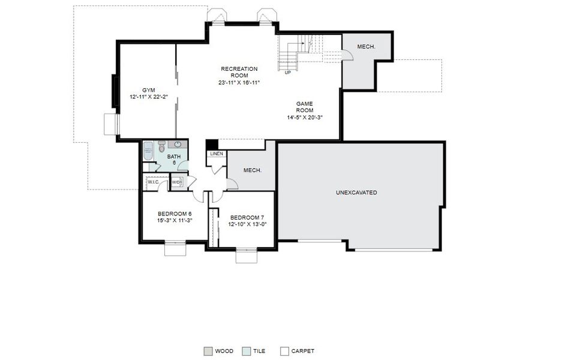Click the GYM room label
point(148,90)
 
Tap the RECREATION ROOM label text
point(239,72)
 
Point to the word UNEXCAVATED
point(356,193)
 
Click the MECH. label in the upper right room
point(366,47)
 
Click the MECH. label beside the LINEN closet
point(252,170)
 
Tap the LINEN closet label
point(217,154)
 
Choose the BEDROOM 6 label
point(175,214)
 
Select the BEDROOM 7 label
point(247,217)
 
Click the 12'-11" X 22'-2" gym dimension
point(148,97)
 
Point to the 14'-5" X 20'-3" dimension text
point(305,117)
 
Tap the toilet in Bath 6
point(161,146)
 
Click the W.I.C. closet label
point(154,182)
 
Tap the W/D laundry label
point(176,182)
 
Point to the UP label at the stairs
point(288,73)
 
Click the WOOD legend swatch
point(208,351)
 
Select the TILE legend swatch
point(247,351)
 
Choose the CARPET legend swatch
point(285,351)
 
